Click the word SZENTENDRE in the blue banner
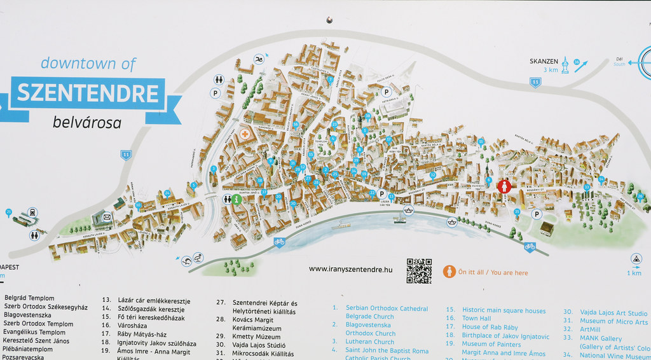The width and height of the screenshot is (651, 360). [x=87, y=93]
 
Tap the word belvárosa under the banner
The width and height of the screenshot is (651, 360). [x=86, y=122]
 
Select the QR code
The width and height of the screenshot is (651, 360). [x=419, y=271]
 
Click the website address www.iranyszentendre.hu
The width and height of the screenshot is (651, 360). [x=351, y=269]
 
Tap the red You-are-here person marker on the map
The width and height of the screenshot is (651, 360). [x=504, y=186]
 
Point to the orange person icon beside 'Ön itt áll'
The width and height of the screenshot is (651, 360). [x=449, y=272]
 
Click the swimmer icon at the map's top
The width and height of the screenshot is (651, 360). [x=259, y=60]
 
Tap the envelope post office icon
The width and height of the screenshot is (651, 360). [x=107, y=217]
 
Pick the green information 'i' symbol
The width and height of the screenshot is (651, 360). [x=236, y=199]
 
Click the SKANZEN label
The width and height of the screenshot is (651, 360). [x=544, y=61]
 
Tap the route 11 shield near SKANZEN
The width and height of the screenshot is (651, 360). [x=535, y=82]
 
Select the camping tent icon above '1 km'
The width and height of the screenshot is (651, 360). [x=636, y=258]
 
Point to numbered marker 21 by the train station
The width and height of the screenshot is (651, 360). [x=9, y=212]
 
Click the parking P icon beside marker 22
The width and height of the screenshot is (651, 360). [x=381, y=194]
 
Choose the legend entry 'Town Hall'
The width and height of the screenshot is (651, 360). [x=477, y=318]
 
